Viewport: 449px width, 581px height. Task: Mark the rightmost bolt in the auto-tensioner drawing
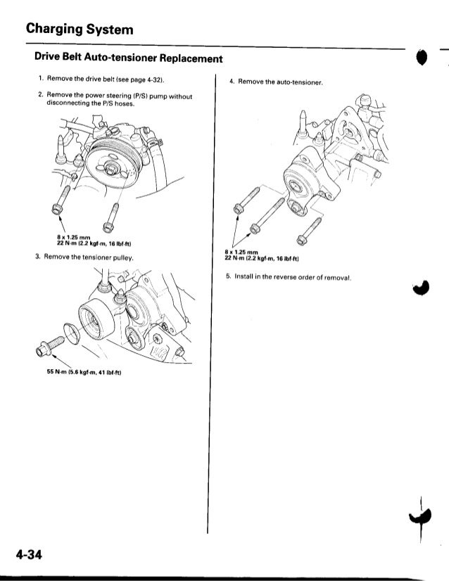point(303,236)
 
